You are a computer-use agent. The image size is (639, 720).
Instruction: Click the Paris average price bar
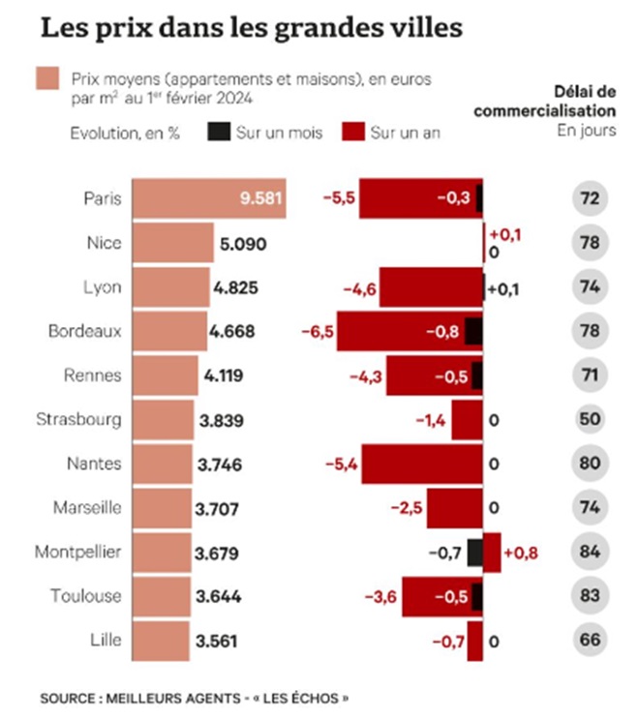tap(208, 198)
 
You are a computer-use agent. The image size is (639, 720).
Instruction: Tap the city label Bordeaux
tap(85, 331)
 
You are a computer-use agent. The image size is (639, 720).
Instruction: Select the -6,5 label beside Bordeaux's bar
tap(317, 332)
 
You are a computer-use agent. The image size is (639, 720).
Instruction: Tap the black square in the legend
tap(217, 133)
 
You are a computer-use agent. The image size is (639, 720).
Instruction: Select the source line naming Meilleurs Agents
tap(195, 697)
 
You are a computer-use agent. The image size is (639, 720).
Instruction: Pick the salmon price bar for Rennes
tap(165, 375)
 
